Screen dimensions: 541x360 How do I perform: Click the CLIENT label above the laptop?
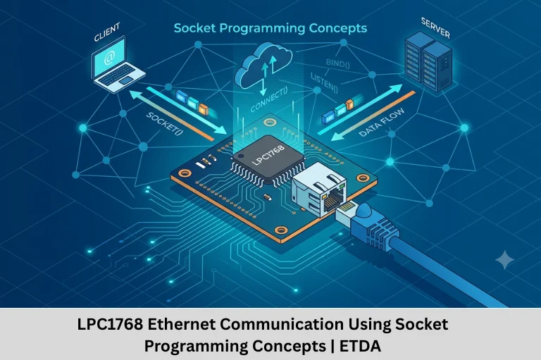(x=107, y=32)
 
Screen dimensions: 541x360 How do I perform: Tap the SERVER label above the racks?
(x=435, y=28)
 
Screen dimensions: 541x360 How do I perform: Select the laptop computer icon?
(x=117, y=66)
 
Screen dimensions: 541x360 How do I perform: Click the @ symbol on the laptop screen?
(x=108, y=58)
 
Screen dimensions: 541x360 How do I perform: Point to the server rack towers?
(x=429, y=61)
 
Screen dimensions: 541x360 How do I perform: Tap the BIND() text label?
(x=338, y=63)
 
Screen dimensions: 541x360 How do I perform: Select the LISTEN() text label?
(x=324, y=83)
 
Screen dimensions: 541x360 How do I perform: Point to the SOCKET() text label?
(x=165, y=124)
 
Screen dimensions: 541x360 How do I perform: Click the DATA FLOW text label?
(x=382, y=123)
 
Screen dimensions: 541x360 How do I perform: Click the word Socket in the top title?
(x=194, y=28)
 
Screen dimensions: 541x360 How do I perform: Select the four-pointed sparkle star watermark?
(x=504, y=259)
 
